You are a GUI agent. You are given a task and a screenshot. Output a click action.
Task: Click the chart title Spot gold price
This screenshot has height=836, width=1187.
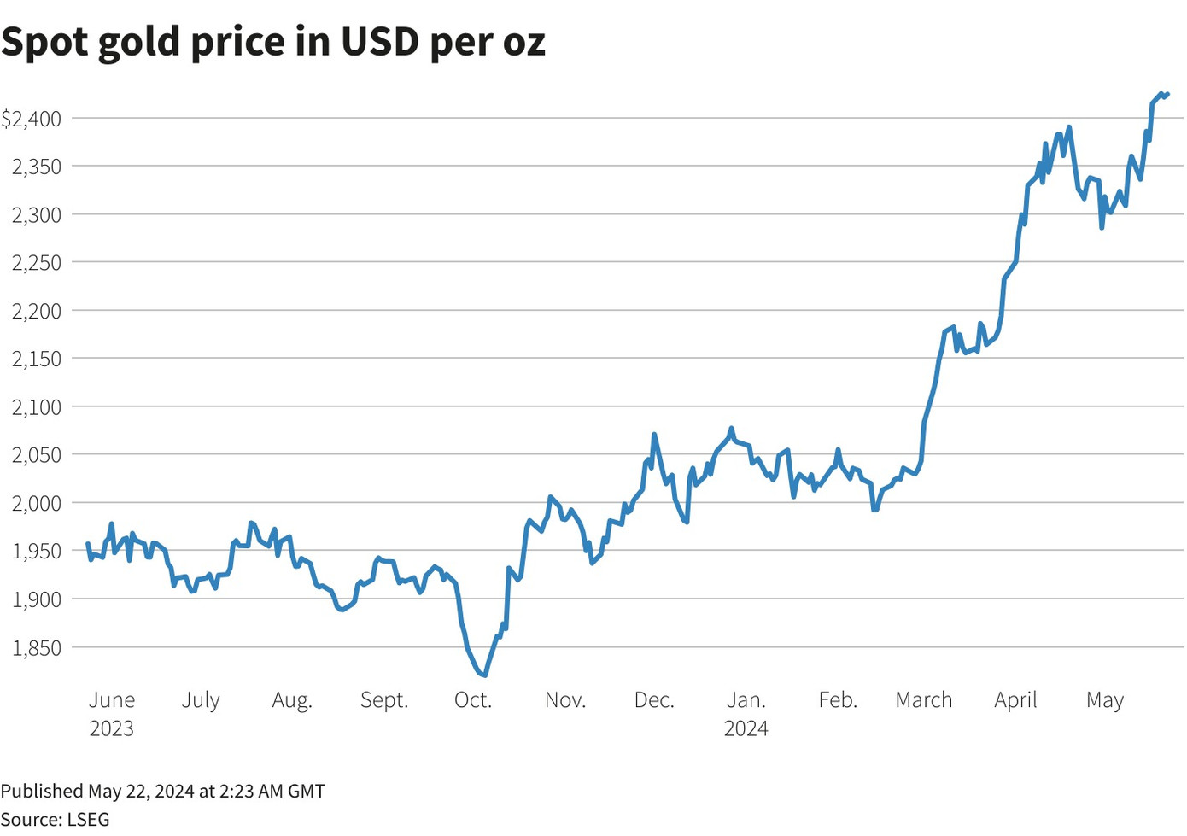click(x=273, y=42)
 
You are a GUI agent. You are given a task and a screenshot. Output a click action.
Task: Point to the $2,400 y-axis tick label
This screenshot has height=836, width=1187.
click(x=32, y=119)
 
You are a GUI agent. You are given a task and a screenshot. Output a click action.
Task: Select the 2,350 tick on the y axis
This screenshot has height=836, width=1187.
click(x=37, y=167)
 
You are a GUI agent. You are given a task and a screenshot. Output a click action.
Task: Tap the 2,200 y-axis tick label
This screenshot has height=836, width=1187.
click(x=37, y=311)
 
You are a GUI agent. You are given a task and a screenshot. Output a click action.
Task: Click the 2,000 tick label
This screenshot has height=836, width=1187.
click(x=37, y=503)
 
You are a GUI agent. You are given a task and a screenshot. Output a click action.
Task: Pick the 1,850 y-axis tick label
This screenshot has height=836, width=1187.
click(x=37, y=647)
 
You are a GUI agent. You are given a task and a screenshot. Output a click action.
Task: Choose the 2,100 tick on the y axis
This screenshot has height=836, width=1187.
click(x=37, y=407)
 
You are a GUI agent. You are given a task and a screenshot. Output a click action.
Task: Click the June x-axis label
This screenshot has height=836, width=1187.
click(x=112, y=700)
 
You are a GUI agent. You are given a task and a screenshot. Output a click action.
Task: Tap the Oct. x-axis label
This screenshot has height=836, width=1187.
click(x=473, y=700)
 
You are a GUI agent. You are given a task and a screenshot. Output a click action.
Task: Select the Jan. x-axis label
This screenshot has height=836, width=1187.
click(x=746, y=700)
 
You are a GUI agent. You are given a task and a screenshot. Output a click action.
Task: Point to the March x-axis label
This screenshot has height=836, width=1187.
click(x=924, y=700)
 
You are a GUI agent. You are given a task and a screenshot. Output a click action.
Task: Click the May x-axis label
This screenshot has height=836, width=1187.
click(x=1105, y=701)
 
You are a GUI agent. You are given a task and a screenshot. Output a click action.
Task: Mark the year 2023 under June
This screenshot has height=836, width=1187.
click(x=112, y=728)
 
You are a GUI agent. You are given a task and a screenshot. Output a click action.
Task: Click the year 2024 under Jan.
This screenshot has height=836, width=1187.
click(x=746, y=728)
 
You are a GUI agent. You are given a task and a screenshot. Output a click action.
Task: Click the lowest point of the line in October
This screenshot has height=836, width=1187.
click(x=485, y=675)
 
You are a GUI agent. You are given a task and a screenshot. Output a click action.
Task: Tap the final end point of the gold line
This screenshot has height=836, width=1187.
click(x=1167, y=94)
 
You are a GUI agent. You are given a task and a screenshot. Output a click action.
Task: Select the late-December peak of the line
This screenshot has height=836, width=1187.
click(x=731, y=429)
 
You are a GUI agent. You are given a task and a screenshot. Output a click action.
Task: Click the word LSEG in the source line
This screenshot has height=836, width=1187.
click(x=88, y=820)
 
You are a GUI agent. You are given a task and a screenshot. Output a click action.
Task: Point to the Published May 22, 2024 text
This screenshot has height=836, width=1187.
click(x=162, y=792)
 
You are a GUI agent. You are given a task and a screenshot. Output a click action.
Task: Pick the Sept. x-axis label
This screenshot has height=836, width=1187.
click(x=384, y=700)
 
